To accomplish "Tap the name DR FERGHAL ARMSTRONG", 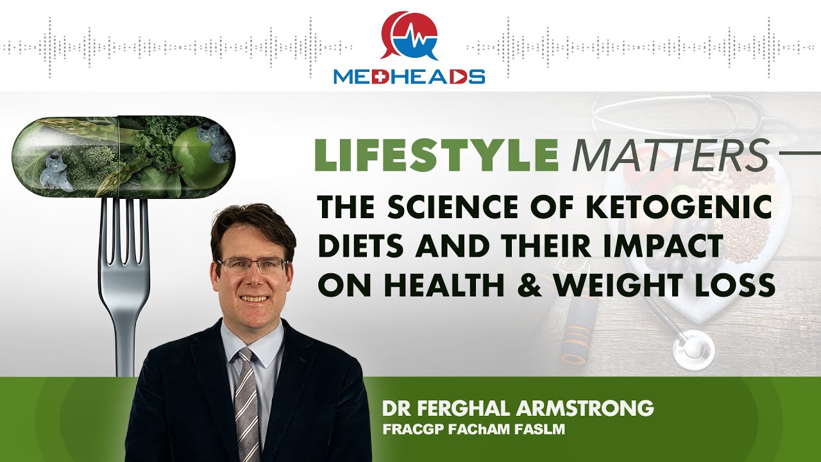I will [518, 408].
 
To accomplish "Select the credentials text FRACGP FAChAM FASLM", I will [473, 429].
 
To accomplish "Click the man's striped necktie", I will [246, 404].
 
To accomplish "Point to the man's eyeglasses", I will [251, 265].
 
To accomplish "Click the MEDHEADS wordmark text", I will [409, 76].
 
